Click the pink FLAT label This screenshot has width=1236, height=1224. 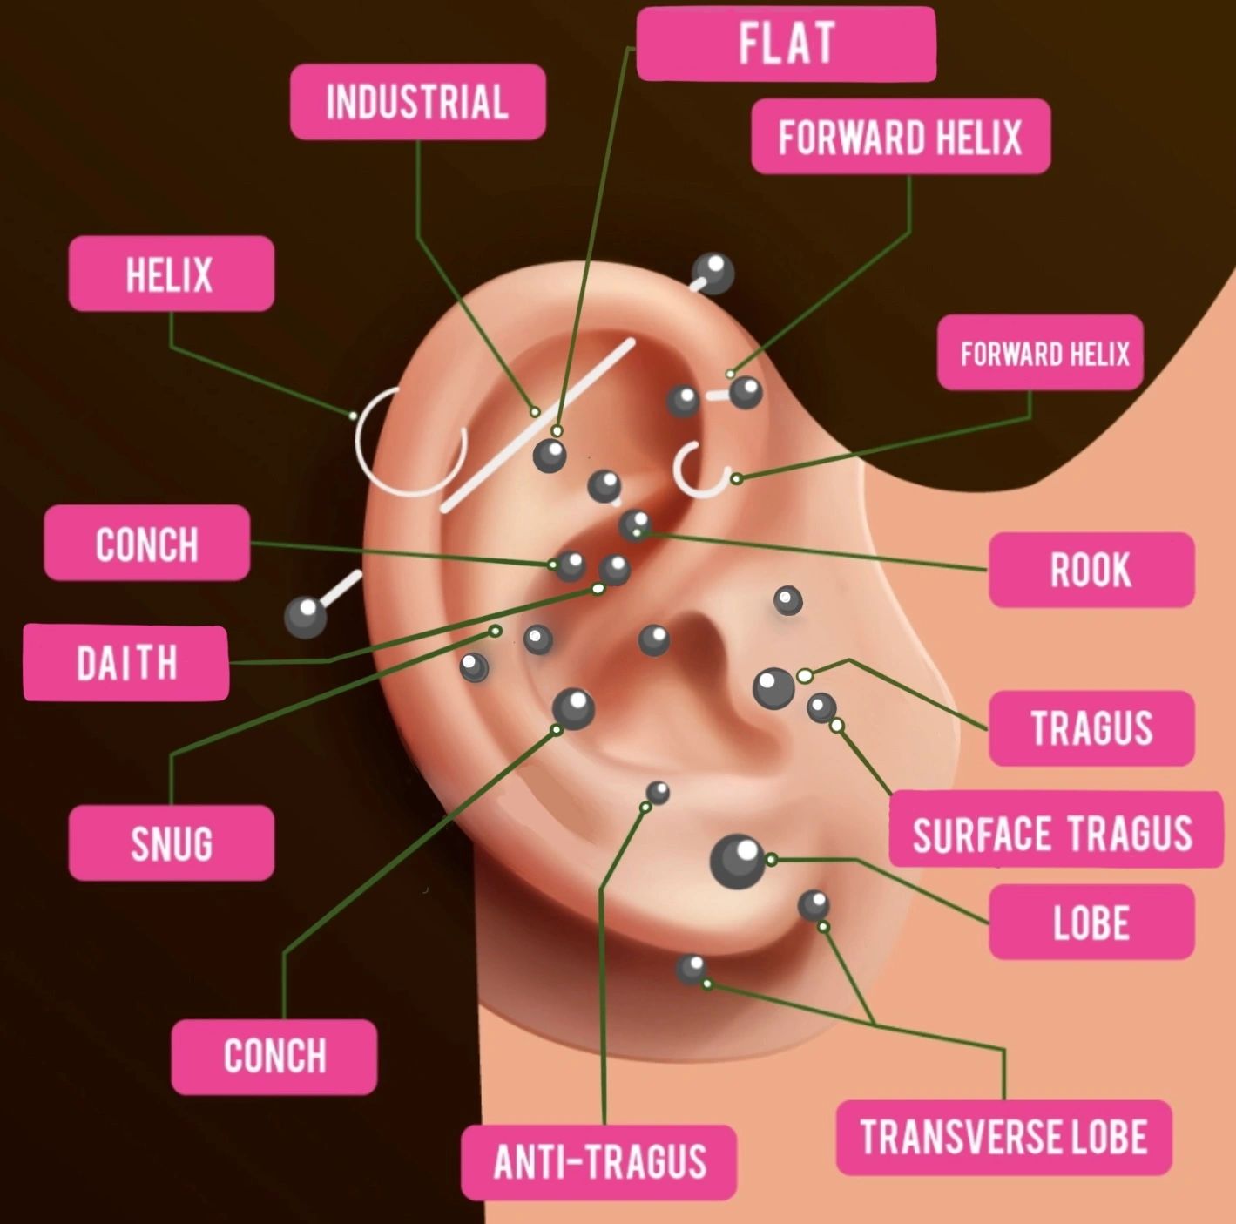pyautogui.click(x=786, y=44)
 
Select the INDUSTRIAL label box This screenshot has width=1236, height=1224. pyautogui.click(x=417, y=102)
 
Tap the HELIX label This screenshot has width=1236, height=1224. pyautogui.click(x=171, y=274)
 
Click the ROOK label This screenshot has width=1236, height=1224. pyautogui.click(x=1091, y=570)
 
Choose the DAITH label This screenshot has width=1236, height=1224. pyautogui.click(x=126, y=663)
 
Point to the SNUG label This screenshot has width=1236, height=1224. pyautogui.click(x=171, y=843)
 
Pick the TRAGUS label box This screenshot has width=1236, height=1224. pyautogui.click(x=1091, y=728)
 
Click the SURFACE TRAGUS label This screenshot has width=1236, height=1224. pyautogui.click(x=1054, y=831)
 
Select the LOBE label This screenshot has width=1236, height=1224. pyautogui.click(x=1091, y=923)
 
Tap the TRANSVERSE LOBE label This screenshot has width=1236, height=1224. pyautogui.click(x=1003, y=1137)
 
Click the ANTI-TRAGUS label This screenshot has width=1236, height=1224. pyautogui.click(x=599, y=1161)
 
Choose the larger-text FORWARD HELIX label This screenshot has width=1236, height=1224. pyautogui.click(x=900, y=137)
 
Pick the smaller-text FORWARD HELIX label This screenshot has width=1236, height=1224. pyautogui.click(x=1040, y=353)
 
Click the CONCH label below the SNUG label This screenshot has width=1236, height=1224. pyautogui.click(x=274, y=1056)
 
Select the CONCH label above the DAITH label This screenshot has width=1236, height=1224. pyautogui.click(x=146, y=544)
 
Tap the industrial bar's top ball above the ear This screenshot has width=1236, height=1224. pyautogui.click(x=713, y=273)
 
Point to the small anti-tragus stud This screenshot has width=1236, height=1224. pyautogui.click(x=658, y=792)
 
